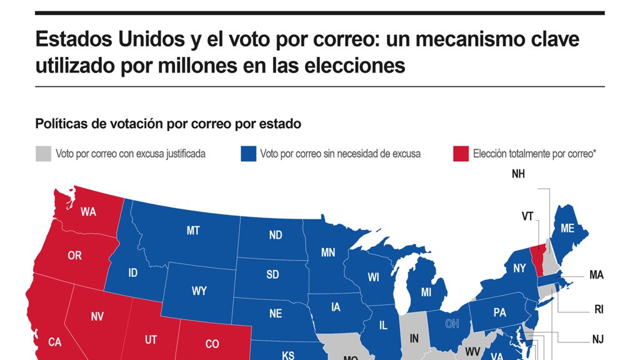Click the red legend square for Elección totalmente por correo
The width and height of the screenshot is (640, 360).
[x=461, y=154]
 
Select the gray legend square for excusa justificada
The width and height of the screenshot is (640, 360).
[x=43, y=154]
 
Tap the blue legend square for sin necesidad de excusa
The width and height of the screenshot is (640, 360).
[x=248, y=154]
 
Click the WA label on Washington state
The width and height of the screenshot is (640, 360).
[x=88, y=212]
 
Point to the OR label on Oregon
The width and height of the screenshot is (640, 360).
[x=74, y=256]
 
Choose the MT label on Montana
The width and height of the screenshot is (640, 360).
[x=193, y=231]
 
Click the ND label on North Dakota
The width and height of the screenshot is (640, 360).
[x=276, y=235]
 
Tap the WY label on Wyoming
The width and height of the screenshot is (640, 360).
[x=199, y=291]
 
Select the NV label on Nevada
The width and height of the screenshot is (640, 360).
[x=97, y=317]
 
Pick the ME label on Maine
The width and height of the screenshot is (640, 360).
[x=567, y=229]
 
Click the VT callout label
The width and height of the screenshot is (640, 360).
[x=527, y=216]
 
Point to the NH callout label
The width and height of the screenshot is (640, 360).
[x=518, y=174]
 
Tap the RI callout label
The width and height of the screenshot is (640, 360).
[x=597, y=308]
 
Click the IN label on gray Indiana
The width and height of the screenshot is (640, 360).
[x=414, y=338]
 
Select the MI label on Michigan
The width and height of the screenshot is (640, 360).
[x=426, y=292]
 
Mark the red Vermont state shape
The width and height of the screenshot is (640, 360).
[x=537, y=260]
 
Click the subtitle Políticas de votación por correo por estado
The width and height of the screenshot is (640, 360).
[x=168, y=124]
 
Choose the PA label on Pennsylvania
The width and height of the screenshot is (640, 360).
[x=499, y=312]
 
